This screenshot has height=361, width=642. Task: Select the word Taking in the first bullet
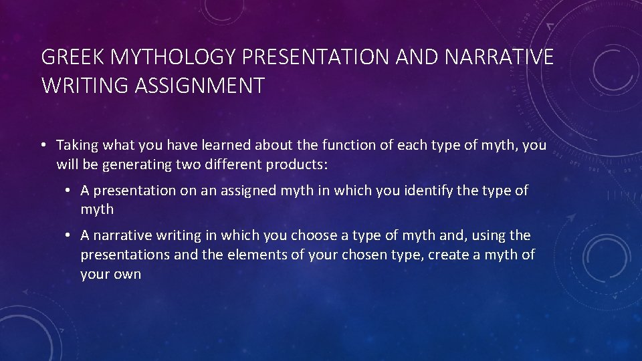pos(76,145)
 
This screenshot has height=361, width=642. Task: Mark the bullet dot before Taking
pos(43,145)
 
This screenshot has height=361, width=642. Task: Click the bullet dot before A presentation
pos(69,191)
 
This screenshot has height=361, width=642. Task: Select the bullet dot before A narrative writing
pos(69,235)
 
